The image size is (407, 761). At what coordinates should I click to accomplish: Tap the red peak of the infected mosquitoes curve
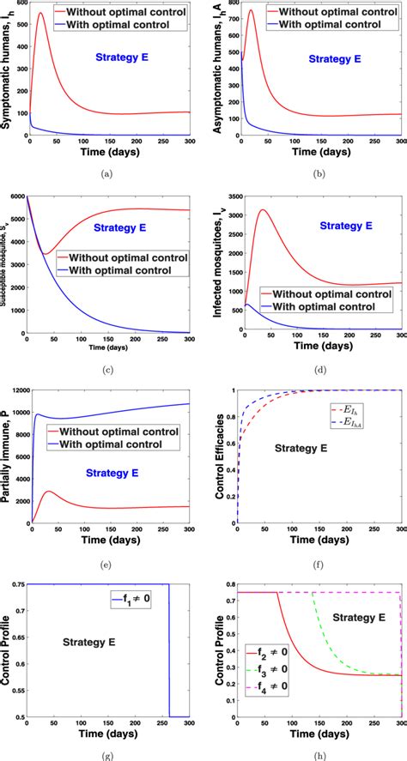(263, 210)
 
